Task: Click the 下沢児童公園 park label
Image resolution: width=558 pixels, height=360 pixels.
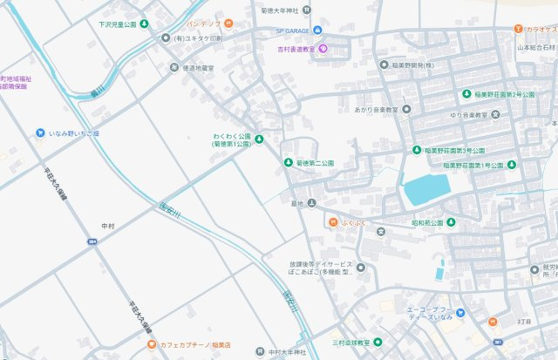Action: [x=118, y=24]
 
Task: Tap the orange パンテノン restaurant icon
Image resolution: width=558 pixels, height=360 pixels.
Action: [x=228, y=24]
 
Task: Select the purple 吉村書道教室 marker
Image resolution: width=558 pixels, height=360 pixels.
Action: [x=323, y=49]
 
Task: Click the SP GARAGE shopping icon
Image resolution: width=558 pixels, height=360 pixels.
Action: [x=319, y=32]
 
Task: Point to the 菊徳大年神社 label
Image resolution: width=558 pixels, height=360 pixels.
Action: [x=273, y=10]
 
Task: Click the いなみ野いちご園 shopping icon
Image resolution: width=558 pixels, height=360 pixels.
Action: [x=40, y=132]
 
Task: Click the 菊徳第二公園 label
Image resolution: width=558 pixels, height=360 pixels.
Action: [x=315, y=163]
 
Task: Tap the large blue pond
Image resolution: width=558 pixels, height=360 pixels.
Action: [x=425, y=187]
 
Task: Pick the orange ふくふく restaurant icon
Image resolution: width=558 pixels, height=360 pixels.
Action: [x=333, y=222]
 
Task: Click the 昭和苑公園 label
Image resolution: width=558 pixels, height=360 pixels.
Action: [x=427, y=222]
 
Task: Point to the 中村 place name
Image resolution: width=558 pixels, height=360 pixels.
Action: [x=108, y=226]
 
